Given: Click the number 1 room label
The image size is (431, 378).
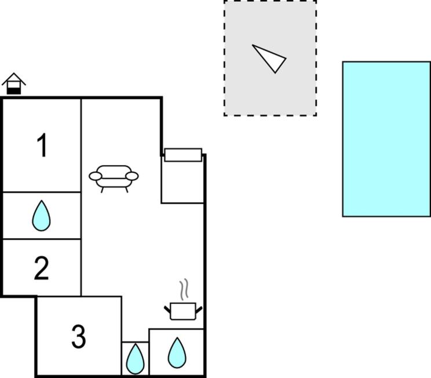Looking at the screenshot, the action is tap(42, 146).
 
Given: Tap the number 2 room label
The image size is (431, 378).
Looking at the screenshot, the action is tap(42, 268).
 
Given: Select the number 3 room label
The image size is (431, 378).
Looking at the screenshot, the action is tap(79, 336).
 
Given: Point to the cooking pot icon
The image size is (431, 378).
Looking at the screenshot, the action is tap(183, 311).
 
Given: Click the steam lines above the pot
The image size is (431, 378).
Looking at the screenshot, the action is tap(184, 289).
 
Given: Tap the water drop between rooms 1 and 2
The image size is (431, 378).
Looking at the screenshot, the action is tap(41, 216).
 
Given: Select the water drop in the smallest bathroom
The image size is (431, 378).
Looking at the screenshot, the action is tap(135, 359).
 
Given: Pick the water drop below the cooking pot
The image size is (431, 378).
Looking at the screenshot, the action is tap(177, 352).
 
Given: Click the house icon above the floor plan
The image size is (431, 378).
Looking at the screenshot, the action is tap(14, 83).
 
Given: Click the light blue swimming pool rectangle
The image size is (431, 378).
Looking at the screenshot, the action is tap(386, 139).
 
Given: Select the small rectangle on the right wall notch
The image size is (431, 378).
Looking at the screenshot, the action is tap(183, 155).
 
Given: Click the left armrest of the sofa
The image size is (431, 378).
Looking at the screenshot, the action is tap(96, 176).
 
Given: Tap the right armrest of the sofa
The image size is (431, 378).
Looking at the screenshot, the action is tap(132, 176).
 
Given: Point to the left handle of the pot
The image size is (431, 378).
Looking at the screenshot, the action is tap(167, 309).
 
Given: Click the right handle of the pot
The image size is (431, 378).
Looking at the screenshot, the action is tap(199, 310).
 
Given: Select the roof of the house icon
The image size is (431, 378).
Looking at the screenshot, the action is tap(14, 79).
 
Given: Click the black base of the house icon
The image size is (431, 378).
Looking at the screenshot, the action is tap(14, 91).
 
